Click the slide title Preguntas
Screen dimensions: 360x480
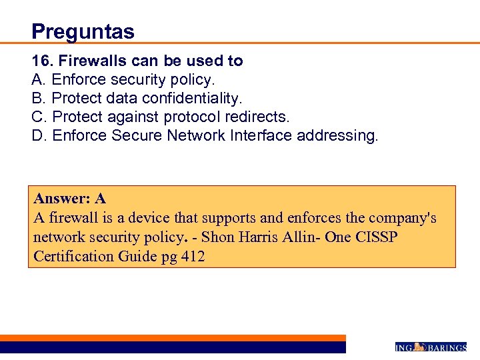[83, 31]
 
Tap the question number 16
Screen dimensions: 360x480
[42, 61]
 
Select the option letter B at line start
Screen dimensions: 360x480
[37, 99]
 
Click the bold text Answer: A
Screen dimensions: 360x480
[70, 199]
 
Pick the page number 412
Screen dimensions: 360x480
[192, 257]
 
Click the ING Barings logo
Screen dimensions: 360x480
[430, 347]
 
